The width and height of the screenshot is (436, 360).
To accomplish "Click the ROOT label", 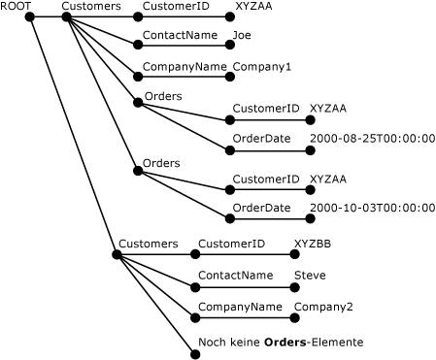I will pyautogui.click(x=17, y=7).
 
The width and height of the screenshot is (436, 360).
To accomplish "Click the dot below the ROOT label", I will pyautogui.click(x=32, y=17).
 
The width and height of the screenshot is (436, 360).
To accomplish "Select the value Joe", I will pyautogui.click(x=242, y=36).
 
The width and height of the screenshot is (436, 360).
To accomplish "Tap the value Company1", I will pyautogui.click(x=261, y=67).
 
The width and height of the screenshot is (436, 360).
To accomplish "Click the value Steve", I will pyautogui.click(x=310, y=276).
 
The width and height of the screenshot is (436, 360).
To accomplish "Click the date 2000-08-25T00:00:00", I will pyautogui.click(x=372, y=139).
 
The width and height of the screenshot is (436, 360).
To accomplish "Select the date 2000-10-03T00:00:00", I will pyautogui.click(x=372, y=208).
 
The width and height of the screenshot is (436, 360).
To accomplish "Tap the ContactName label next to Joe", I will pyautogui.click(x=180, y=36).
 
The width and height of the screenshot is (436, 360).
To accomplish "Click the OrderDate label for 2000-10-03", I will pyautogui.click(x=261, y=208).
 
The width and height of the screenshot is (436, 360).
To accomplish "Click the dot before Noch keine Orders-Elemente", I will pyautogui.click(x=194, y=353).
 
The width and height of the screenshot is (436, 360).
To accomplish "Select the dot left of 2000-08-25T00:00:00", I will pyautogui.click(x=307, y=149).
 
